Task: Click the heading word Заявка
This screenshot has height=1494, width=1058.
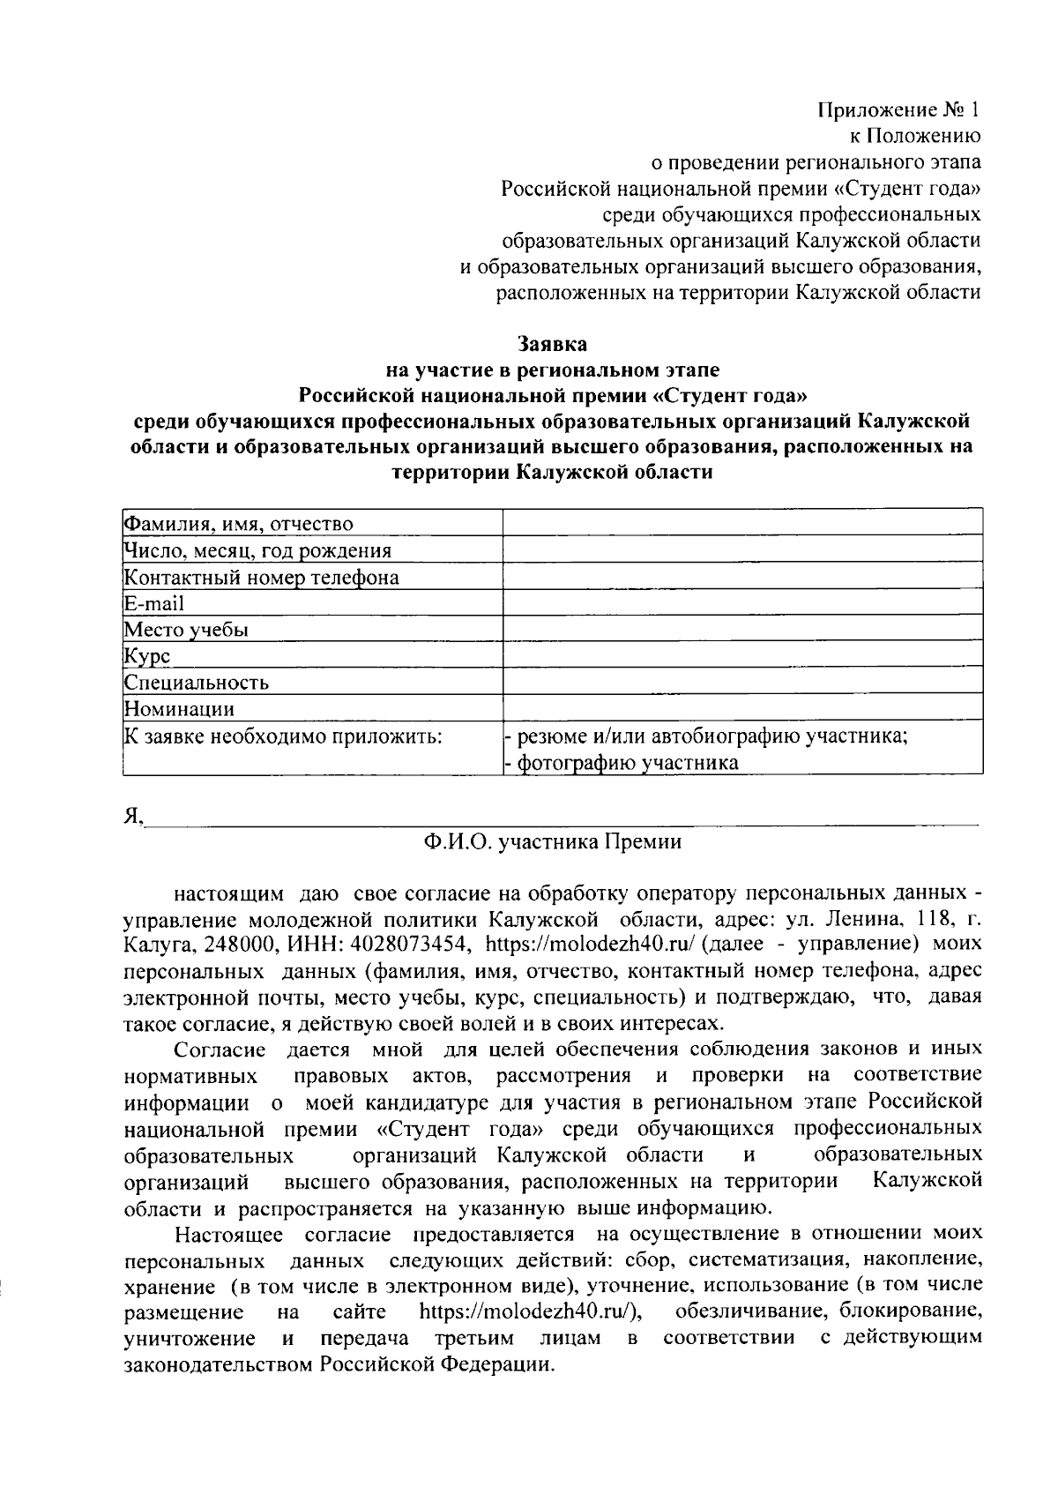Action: coord(551,342)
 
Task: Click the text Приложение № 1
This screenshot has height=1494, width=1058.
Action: coord(898,110)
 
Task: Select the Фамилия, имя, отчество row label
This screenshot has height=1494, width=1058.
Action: coord(239,525)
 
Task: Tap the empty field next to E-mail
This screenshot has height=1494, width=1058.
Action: coord(742,603)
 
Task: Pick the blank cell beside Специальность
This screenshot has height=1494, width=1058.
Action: coord(742,682)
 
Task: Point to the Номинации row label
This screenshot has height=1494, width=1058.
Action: coord(179,709)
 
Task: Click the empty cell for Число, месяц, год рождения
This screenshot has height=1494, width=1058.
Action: coord(742,550)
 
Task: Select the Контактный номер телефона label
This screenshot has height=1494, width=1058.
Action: coord(261,578)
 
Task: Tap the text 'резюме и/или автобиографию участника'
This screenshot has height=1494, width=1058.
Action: coord(712,736)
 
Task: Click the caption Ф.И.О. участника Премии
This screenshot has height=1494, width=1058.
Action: coord(552,841)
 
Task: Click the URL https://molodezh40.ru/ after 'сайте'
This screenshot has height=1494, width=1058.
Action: coord(529,1311)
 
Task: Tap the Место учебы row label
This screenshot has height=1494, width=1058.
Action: coord(186,630)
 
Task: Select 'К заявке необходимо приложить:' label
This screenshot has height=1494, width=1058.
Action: coord(282,736)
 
